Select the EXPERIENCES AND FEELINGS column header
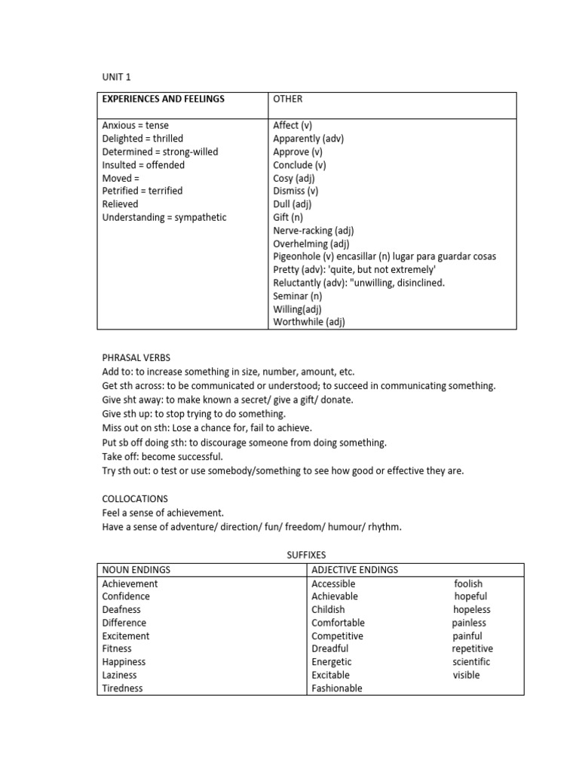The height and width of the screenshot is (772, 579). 163,99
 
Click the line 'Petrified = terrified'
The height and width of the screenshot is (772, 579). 142,191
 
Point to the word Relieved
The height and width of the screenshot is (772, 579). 121,204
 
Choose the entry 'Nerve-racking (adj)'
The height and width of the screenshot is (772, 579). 313,231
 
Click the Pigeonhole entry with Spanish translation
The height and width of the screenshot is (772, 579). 384,256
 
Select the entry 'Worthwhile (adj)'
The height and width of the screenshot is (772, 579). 309,322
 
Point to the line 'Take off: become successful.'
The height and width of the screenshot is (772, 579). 163,457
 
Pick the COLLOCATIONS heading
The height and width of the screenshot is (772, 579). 135,499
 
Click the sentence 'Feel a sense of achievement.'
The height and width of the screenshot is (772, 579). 163,513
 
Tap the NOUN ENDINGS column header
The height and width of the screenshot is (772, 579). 136,570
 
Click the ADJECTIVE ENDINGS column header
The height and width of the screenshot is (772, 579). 354,570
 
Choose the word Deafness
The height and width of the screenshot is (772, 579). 121,609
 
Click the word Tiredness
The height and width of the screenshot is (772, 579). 122,688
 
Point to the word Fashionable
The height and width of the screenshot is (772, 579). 336,688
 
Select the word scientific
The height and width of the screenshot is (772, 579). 471,662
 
